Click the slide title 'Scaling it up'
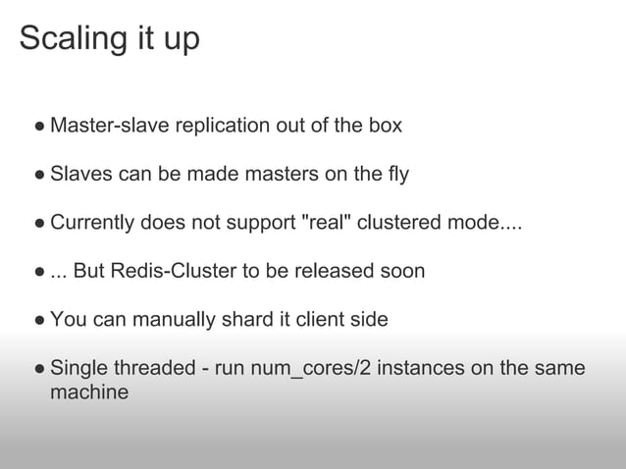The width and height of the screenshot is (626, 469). coord(109,38)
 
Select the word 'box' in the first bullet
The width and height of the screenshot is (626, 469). coord(384,127)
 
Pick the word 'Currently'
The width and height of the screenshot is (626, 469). coord(94,223)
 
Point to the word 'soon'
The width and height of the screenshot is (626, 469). coord(402,271)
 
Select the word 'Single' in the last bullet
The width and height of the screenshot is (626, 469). coord(78,368)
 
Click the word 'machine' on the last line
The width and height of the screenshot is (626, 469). coord(89,392)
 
